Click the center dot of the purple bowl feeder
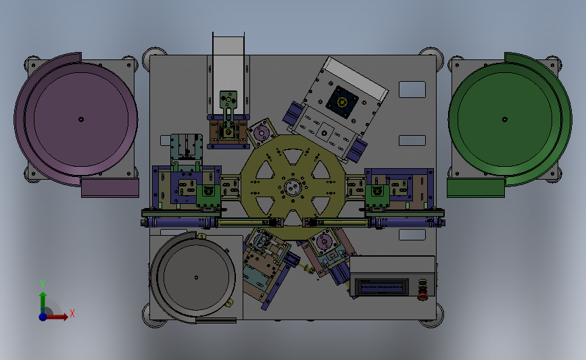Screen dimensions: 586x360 [81, 120]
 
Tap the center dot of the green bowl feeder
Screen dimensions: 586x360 [505, 120]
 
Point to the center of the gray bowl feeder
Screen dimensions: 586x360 [196, 278]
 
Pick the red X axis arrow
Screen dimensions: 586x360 [55, 317]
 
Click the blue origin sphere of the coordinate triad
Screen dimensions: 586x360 [43, 317]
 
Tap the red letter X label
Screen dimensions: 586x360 [72, 313]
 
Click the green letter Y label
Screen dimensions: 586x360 [43, 284]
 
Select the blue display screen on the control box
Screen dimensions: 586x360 [382, 288]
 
